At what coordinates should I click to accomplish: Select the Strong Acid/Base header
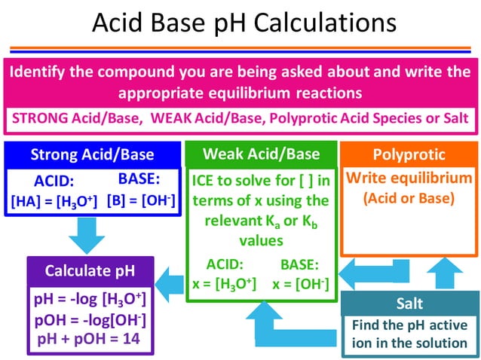coord(92,155)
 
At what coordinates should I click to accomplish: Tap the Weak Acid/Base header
coord(261,154)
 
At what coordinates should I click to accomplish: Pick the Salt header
coord(409,304)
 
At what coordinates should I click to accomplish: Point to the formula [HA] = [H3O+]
coord(54,201)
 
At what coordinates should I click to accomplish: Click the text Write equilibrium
coord(409,179)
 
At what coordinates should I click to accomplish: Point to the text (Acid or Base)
coord(409,199)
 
